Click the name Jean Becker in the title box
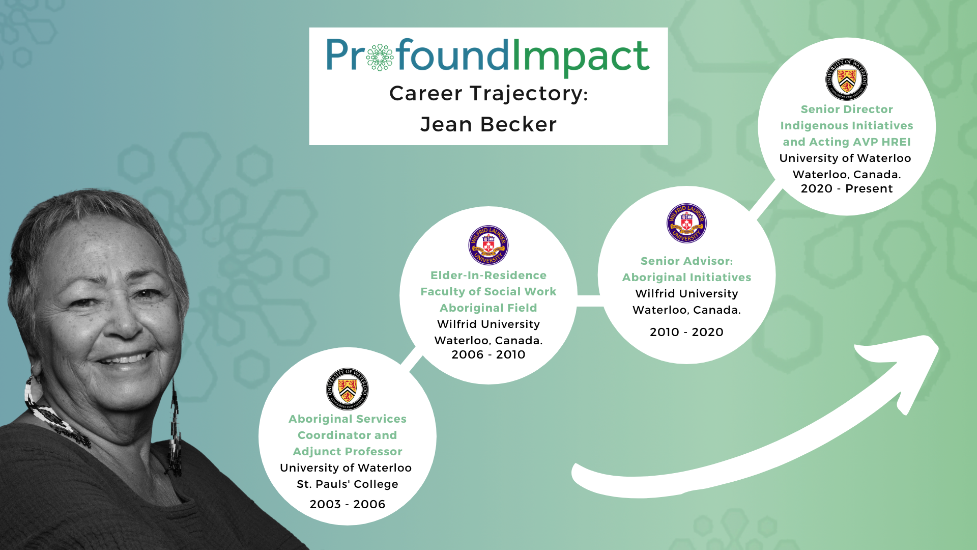coord(489,124)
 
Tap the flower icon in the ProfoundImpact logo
coord(380,57)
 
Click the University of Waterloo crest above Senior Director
coord(847,79)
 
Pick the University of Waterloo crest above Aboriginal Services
coord(348,389)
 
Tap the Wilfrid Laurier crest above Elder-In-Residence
coord(489,245)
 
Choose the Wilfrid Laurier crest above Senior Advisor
coord(686,223)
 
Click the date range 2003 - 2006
coord(348,504)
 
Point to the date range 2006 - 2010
coord(489,354)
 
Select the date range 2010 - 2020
coord(686,332)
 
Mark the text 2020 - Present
coord(847,188)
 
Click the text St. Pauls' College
coord(348,484)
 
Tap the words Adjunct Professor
coord(348,451)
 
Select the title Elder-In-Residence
coord(489,275)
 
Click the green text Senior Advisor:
coord(686,261)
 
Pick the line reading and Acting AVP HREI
coord(847,142)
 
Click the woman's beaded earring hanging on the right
coord(175,428)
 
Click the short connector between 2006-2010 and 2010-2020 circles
coord(588,301)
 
